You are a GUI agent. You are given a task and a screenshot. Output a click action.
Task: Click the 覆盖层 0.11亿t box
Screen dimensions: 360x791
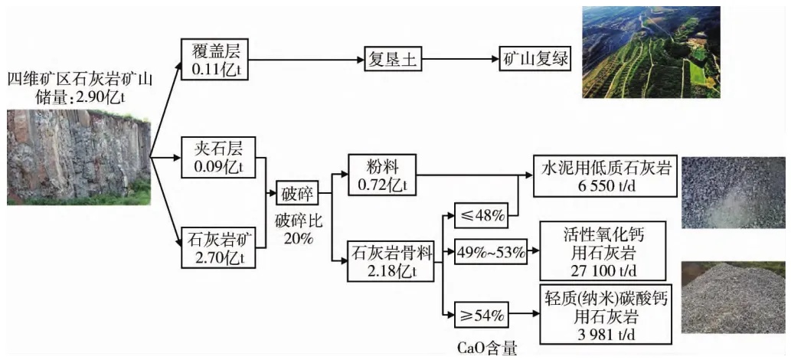[215, 59]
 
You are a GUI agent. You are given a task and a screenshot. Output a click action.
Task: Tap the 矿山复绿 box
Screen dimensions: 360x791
[534, 58]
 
